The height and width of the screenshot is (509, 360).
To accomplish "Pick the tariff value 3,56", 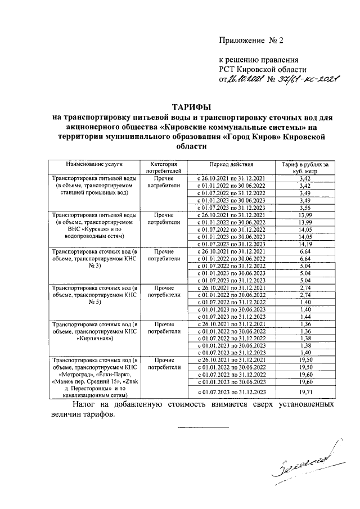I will coord(305,207).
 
